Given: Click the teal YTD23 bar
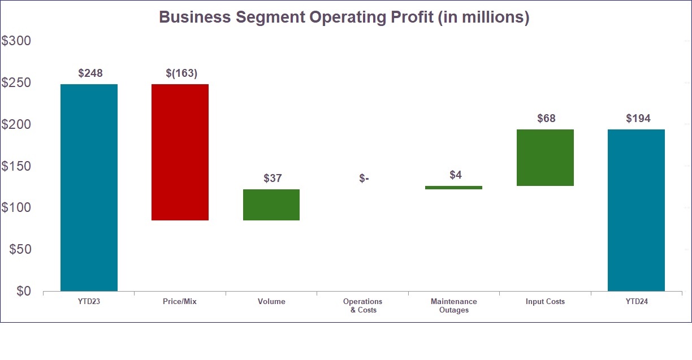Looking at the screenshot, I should coord(89,187).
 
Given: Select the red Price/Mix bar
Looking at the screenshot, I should coord(180,152).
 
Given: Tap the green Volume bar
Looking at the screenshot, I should coord(271,205).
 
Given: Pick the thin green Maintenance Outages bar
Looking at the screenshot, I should coord(453,187).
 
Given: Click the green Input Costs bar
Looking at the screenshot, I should coord(545,158).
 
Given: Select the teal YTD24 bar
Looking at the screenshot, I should coord(636,210).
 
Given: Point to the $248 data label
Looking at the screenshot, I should coord(90,73).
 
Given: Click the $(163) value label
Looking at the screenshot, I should coord(181,73).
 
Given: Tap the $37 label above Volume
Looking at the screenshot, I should coord(273,179).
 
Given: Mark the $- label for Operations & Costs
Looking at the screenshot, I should coord(364,179).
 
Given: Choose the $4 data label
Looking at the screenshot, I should coord(456,175).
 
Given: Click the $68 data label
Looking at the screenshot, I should coord(546,119).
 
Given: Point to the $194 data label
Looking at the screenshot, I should coord(638,119).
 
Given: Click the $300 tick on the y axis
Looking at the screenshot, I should coord(16,41).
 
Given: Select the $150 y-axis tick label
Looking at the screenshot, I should coord(16,166).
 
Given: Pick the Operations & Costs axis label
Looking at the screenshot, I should coord(362,306).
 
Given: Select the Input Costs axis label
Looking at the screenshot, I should coord(545,302).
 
